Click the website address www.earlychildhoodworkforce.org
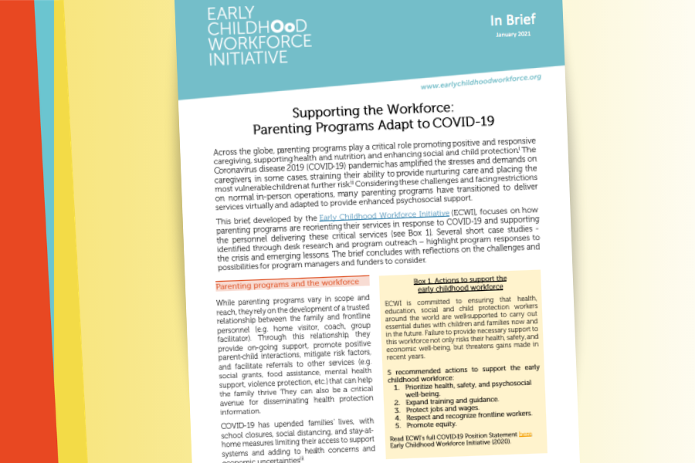click(480, 81)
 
